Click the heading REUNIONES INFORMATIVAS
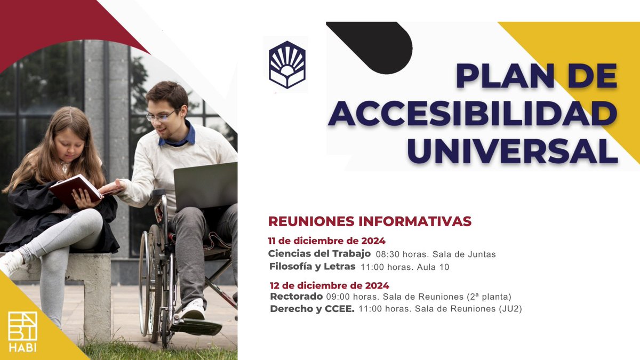click(370, 221)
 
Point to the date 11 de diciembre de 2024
click(326, 241)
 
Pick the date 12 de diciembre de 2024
click(330, 285)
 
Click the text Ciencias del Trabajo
click(319, 254)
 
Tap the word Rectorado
click(296, 297)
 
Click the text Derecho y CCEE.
click(312, 309)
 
